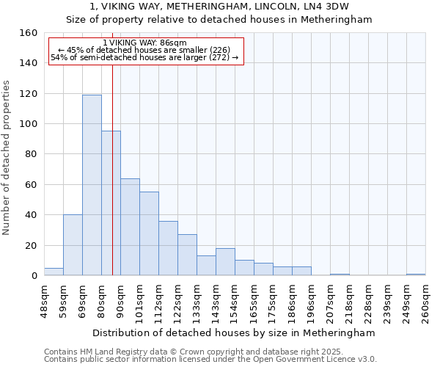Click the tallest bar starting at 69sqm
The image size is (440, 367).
(x=92, y=185)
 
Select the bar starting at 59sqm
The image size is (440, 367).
(x=73, y=245)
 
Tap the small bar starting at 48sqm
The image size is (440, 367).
(x=54, y=272)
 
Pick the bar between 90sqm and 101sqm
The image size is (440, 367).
(x=130, y=227)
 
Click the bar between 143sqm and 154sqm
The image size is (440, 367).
(x=225, y=262)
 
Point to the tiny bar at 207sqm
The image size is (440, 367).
(x=340, y=275)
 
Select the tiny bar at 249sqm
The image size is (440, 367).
(x=416, y=275)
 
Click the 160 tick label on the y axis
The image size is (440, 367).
(x=29, y=33)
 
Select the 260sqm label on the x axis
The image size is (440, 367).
(x=426, y=301)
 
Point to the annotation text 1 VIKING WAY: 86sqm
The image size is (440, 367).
(x=145, y=43)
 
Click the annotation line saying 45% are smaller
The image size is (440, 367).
(x=145, y=51)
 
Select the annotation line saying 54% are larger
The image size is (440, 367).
(x=145, y=58)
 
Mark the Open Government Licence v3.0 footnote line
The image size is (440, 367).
(x=210, y=360)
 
